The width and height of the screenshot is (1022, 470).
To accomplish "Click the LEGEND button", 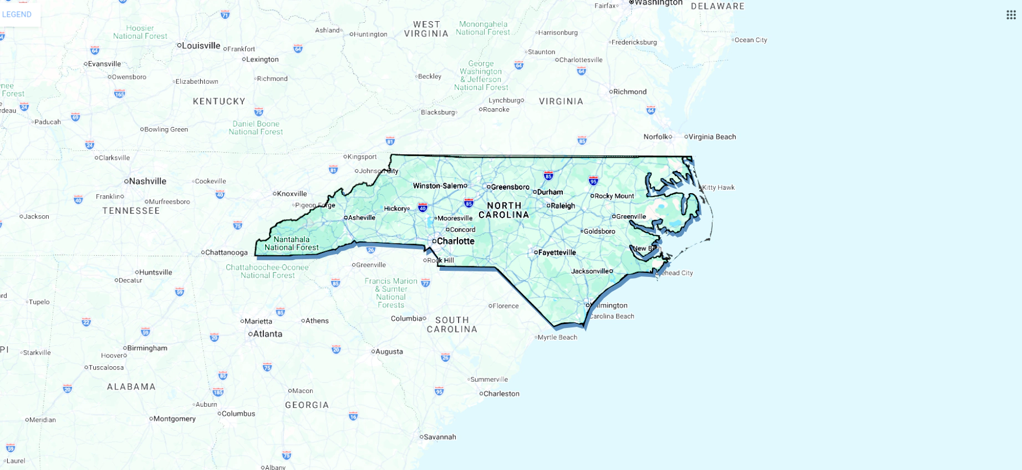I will tap(17, 14).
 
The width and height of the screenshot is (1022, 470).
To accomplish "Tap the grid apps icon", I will tap(1011, 15).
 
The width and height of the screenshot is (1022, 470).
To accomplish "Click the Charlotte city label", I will tap(455, 241).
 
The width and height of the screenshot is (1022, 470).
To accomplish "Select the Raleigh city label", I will tap(562, 205).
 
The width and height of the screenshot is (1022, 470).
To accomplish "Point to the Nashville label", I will tap(147, 181).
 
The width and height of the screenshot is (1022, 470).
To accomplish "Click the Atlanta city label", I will tap(267, 333).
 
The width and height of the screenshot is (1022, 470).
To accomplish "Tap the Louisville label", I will tap(201, 46).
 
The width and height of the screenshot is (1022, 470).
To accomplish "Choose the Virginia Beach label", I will tap(712, 137).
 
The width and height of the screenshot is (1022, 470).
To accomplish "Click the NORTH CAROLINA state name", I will tap(504, 210).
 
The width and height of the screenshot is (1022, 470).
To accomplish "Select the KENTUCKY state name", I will tap(219, 101).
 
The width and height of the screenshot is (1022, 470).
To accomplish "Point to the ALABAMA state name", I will tap(131, 387).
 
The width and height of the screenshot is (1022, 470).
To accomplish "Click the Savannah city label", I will tap(440, 437).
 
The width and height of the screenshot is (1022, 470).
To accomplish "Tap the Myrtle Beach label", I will tap(557, 337).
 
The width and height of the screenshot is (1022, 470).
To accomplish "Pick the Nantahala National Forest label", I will tap(292, 244).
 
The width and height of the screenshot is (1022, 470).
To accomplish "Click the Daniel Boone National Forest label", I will tap(256, 128).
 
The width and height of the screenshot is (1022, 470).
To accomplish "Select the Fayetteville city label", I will tap(557, 252).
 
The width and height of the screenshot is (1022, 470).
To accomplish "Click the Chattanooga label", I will tap(226, 252).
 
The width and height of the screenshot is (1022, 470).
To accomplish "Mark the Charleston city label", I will tap(501, 393).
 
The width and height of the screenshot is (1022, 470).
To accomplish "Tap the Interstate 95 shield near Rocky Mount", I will tap(593, 180).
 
